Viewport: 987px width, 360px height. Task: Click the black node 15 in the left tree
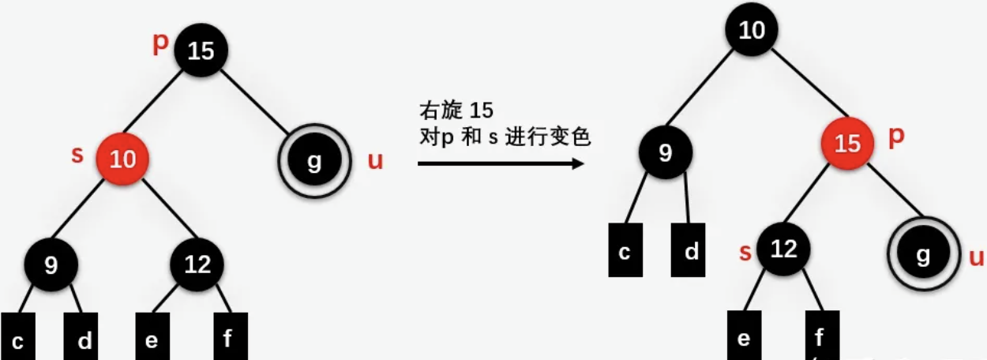[x=201, y=51]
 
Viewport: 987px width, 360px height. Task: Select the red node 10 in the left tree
[x=122, y=159]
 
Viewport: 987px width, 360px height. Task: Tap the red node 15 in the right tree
[x=847, y=143]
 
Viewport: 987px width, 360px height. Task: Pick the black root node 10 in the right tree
[x=752, y=32]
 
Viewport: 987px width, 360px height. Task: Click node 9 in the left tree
[x=51, y=264]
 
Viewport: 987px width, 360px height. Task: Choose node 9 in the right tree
[x=666, y=152]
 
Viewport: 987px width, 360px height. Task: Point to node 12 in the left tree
[x=197, y=264]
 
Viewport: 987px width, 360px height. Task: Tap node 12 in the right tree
[x=783, y=250]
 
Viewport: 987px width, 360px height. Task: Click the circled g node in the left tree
[x=314, y=160]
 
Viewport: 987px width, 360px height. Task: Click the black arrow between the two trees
[x=501, y=163]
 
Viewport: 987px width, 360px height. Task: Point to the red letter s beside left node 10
[x=77, y=155]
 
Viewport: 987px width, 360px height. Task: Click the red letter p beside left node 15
[x=160, y=43]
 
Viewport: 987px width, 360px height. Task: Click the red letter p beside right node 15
[x=896, y=136]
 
